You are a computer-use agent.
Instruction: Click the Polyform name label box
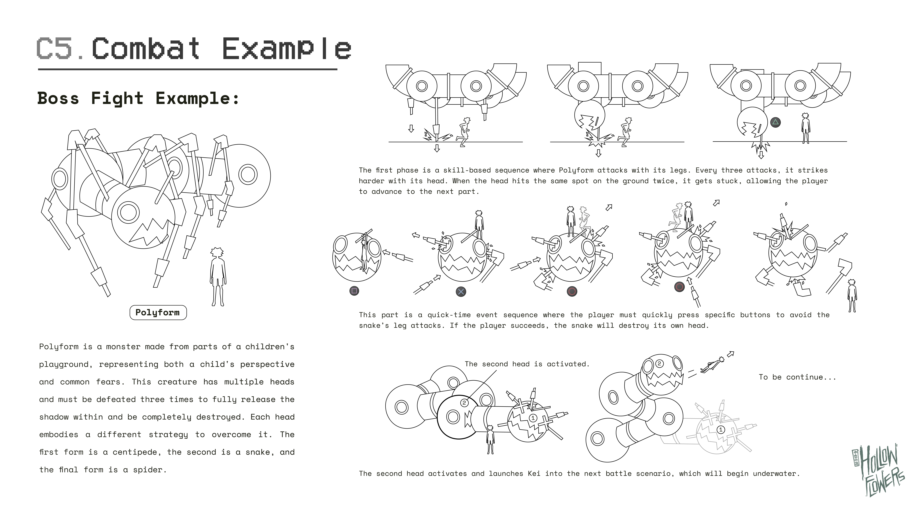[158, 313]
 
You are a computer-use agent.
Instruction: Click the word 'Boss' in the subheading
[58, 98]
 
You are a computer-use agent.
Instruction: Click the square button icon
[354, 291]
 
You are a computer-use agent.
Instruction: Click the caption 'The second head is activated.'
[527, 364]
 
